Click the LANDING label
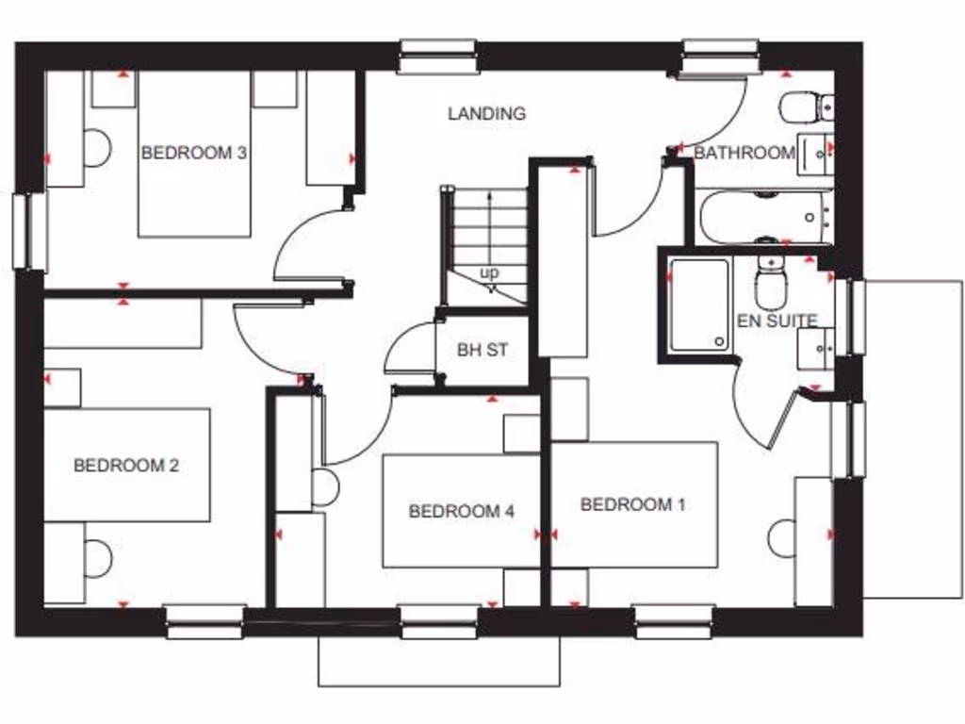coord(486,114)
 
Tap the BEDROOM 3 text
coord(194,153)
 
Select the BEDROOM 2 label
coord(126,465)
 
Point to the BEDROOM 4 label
coord(461,511)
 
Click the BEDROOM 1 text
coord(632,504)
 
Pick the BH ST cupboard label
coord(482,350)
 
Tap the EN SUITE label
coord(777,321)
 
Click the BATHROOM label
coord(744,153)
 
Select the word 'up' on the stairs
coord(489,272)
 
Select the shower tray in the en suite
coord(699,305)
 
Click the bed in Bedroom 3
coord(195,189)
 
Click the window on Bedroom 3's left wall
coord(28,231)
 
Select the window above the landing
coord(437,57)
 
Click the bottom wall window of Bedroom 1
coord(673,621)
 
